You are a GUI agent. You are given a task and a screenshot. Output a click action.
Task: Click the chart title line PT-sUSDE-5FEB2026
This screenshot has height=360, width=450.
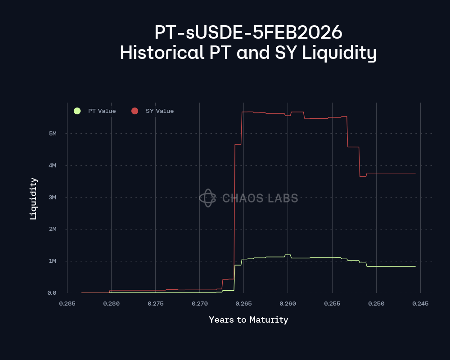click(x=248, y=33)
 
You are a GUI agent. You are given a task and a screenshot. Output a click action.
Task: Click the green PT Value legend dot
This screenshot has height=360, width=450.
click(x=77, y=111)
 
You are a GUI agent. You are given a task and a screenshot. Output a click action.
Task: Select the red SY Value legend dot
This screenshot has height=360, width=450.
click(x=135, y=111)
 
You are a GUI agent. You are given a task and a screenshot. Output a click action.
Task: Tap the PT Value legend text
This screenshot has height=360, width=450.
click(x=102, y=111)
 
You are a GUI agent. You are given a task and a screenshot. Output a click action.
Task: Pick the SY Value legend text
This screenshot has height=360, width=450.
click(x=159, y=111)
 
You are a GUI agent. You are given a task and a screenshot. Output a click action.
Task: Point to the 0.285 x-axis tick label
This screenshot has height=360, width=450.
click(x=67, y=304)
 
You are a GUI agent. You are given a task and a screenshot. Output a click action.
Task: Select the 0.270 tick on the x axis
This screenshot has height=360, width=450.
click(x=200, y=304)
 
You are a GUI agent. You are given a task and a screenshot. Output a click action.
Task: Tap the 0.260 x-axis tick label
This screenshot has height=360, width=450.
click(x=288, y=304)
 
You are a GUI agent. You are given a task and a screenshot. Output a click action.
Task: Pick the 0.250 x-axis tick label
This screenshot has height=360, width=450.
click(x=376, y=304)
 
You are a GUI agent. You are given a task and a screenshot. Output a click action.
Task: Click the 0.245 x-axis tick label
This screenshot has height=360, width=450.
click(x=420, y=304)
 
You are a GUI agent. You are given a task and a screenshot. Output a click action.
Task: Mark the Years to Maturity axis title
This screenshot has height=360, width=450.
click(x=248, y=320)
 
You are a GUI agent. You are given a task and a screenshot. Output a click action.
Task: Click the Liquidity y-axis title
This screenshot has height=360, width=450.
click(x=33, y=198)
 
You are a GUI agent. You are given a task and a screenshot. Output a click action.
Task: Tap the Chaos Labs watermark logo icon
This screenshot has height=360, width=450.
click(x=207, y=198)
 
